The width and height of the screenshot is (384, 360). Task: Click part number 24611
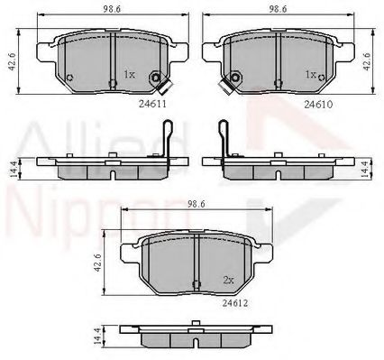152,104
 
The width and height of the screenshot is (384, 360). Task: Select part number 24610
318,105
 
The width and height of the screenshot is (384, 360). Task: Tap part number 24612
235,303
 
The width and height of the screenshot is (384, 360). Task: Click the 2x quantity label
228,280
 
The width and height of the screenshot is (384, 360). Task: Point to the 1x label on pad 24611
130,74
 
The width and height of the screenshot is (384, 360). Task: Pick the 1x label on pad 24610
311,74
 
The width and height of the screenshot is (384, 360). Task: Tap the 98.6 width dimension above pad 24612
197,205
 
